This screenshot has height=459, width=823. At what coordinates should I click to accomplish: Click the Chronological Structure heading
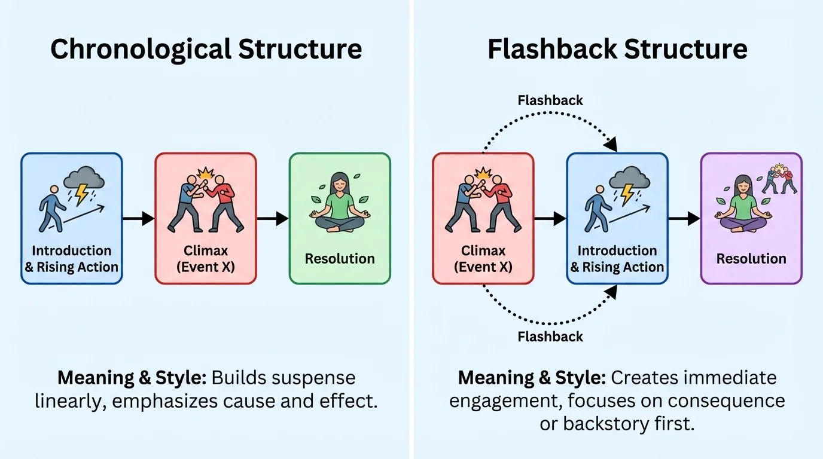pos(206,49)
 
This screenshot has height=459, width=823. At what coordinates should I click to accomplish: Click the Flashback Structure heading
pos(617,49)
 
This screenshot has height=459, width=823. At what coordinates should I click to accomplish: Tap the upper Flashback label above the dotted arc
pos(550,100)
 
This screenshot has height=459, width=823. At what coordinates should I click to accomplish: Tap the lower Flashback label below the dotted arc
pos(550,336)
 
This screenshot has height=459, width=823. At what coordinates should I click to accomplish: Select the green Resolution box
pos(340,218)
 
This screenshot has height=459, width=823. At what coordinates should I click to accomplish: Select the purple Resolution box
pos(751,218)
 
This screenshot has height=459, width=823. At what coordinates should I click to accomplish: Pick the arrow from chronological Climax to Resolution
pos(273,219)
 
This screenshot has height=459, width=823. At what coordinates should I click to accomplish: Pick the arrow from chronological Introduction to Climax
pos(138,219)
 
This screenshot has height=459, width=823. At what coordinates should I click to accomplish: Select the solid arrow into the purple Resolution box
pos(684,219)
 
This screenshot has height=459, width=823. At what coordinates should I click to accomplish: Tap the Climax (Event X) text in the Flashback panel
pos(483,259)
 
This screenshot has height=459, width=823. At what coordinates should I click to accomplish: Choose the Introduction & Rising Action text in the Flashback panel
pos(617,259)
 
